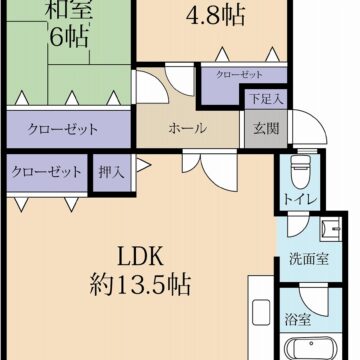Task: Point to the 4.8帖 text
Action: [215, 16]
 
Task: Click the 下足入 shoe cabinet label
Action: [264, 100]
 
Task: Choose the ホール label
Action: [187, 128]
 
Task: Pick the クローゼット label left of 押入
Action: [46, 172]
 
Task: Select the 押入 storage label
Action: [111, 172]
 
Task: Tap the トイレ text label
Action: [299, 200]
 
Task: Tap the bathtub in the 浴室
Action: [315, 350]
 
